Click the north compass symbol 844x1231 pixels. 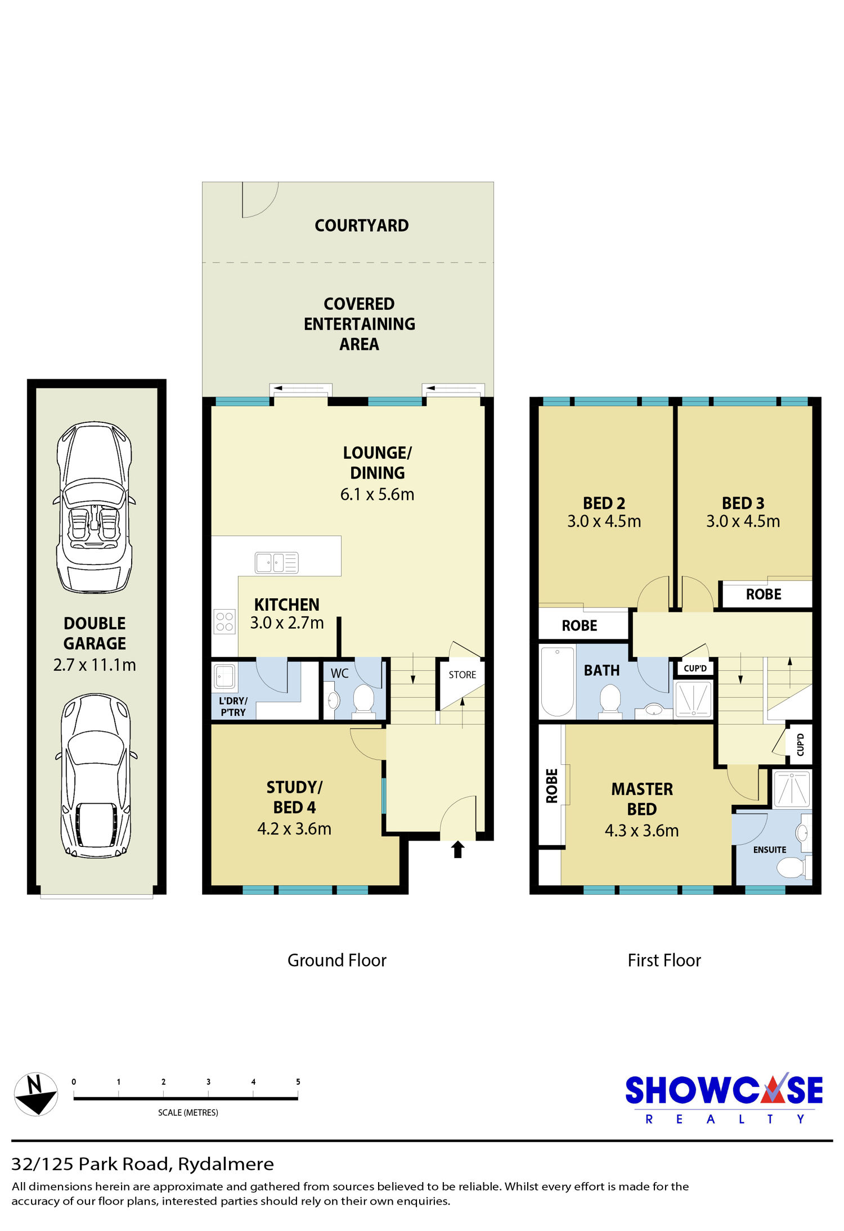point(35,1093)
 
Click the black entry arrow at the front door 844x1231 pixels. point(457,849)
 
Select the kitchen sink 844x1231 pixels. point(276,562)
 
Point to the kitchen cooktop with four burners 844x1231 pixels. point(225,622)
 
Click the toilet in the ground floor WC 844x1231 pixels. point(363,701)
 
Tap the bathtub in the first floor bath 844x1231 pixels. point(557,681)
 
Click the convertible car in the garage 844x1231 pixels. point(95,507)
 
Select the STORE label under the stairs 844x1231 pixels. point(463,675)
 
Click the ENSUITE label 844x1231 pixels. point(770,850)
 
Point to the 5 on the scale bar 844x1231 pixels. point(298,1081)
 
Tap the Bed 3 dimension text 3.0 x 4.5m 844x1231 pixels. point(743,521)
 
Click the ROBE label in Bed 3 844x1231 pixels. point(764,594)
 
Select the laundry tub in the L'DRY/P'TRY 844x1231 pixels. point(225,677)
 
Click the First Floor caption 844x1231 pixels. point(665,960)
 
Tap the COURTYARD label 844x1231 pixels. point(362,226)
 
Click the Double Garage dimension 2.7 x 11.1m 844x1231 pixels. point(95,665)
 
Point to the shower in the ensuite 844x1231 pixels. point(792,788)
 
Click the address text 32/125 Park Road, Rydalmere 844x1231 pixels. point(143,1164)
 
